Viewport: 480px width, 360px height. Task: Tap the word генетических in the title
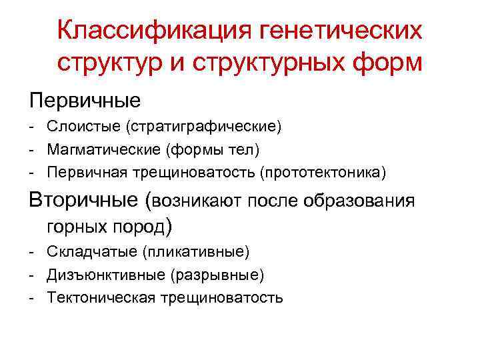coord(337,30)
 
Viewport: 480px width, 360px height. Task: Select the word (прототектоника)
coord(323,173)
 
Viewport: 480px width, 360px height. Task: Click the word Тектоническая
coord(99,298)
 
